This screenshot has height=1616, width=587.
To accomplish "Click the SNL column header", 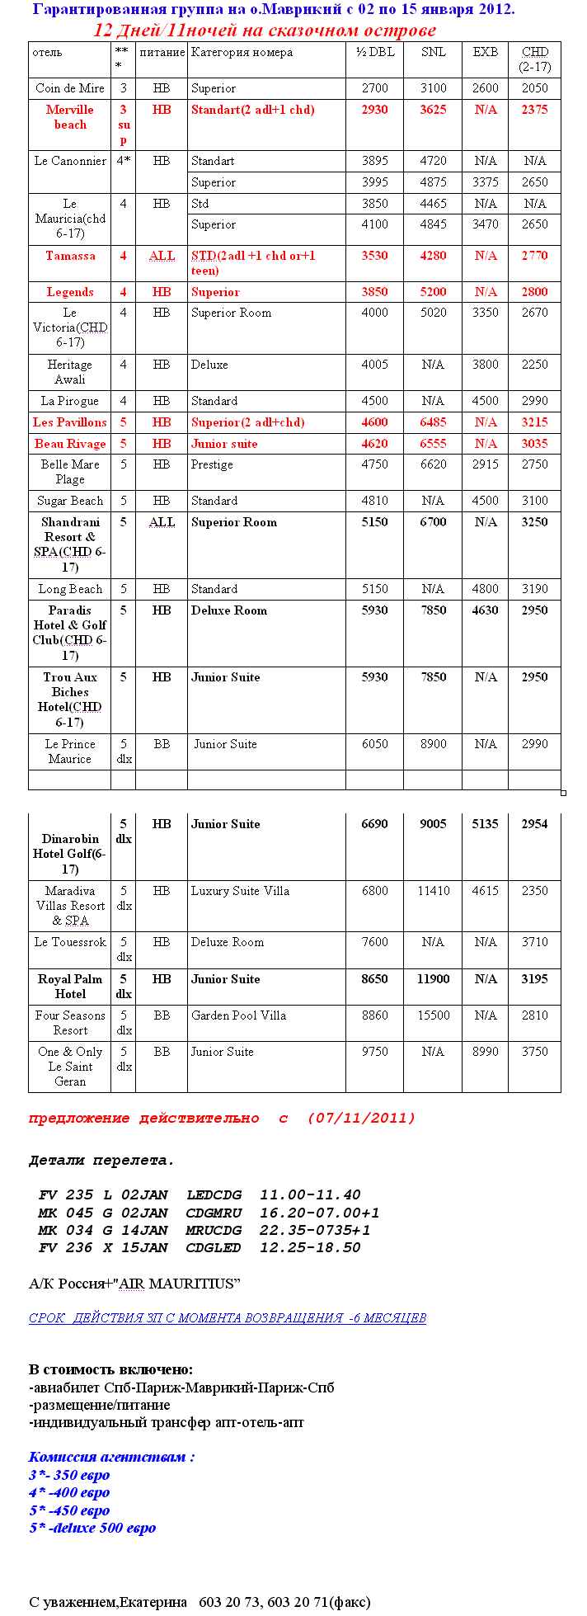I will pos(433,52).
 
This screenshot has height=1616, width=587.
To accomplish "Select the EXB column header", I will pos(485,52).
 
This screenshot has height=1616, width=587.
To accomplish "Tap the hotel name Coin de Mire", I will pos(70,88).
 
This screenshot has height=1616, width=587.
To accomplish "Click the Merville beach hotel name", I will pos(70,117).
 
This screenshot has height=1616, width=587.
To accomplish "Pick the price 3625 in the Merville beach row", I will pos(433,110).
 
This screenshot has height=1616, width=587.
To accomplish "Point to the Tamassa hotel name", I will pos(70,256).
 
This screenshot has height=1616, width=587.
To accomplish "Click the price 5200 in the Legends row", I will pos(433,292).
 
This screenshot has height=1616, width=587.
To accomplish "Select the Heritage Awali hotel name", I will pos(70,372).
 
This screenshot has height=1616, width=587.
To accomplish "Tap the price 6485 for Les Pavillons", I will pos(433,422).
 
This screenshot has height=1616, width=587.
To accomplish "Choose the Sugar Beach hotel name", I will pos(70,501).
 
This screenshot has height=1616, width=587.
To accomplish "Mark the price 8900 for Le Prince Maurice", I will pos(433,744).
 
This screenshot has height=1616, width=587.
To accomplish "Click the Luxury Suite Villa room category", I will pos(240,891).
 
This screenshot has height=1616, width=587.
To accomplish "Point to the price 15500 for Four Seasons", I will pos(433,1015).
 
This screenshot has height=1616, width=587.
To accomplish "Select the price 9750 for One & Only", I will pos(374,1052).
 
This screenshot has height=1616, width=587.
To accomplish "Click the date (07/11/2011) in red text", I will pos(361,1119).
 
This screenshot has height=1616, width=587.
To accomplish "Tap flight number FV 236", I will pos(65,1247).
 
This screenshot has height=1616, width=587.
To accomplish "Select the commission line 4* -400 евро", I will pos(69,1492).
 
